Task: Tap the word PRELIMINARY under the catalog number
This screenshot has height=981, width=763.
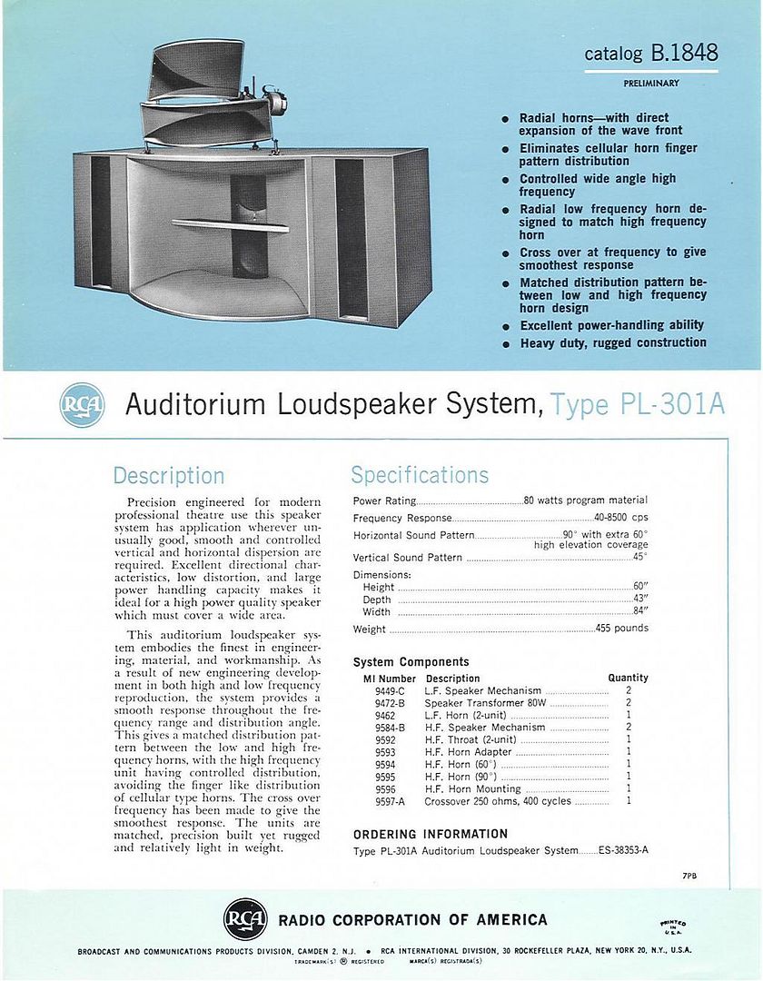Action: tap(651, 84)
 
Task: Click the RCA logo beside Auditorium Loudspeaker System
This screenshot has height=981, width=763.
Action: tap(82, 406)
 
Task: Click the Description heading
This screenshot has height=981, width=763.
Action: tap(168, 476)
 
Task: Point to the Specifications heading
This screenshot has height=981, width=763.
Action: tap(420, 475)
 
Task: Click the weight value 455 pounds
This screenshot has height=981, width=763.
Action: tap(621, 629)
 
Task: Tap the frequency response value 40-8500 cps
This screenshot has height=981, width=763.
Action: tap(620, 518)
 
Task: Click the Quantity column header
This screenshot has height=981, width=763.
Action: tap(628, 678)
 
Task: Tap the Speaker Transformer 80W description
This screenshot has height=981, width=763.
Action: tap(486, 703)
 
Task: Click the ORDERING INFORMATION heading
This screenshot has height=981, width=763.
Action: tap(430, 834)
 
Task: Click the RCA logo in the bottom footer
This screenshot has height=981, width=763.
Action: tap(245, 919)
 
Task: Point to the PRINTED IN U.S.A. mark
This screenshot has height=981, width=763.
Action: tap(673, 925)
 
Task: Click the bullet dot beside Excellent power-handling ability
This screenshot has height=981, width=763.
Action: tap(505, 326)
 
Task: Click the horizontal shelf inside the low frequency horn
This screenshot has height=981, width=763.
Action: tap(230, 224)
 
